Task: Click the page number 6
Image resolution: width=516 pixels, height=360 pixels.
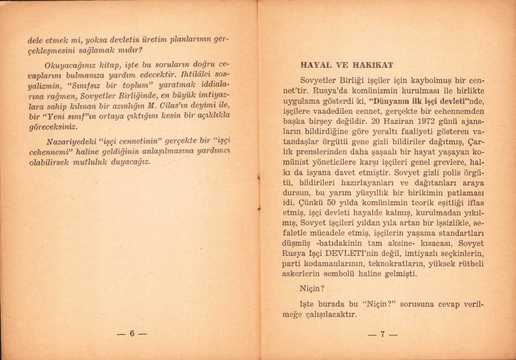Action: click(x=131, y=333)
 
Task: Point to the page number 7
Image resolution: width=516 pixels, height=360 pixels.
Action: click(x=382, y=334)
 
